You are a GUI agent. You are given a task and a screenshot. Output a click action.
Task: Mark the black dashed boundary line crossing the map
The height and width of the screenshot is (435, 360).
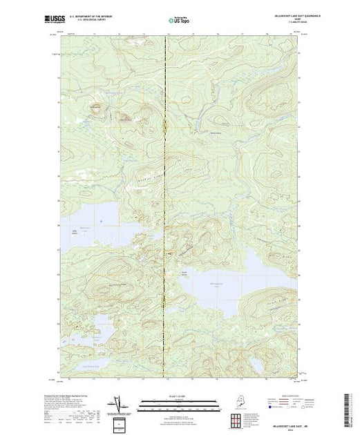[164, 207]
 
